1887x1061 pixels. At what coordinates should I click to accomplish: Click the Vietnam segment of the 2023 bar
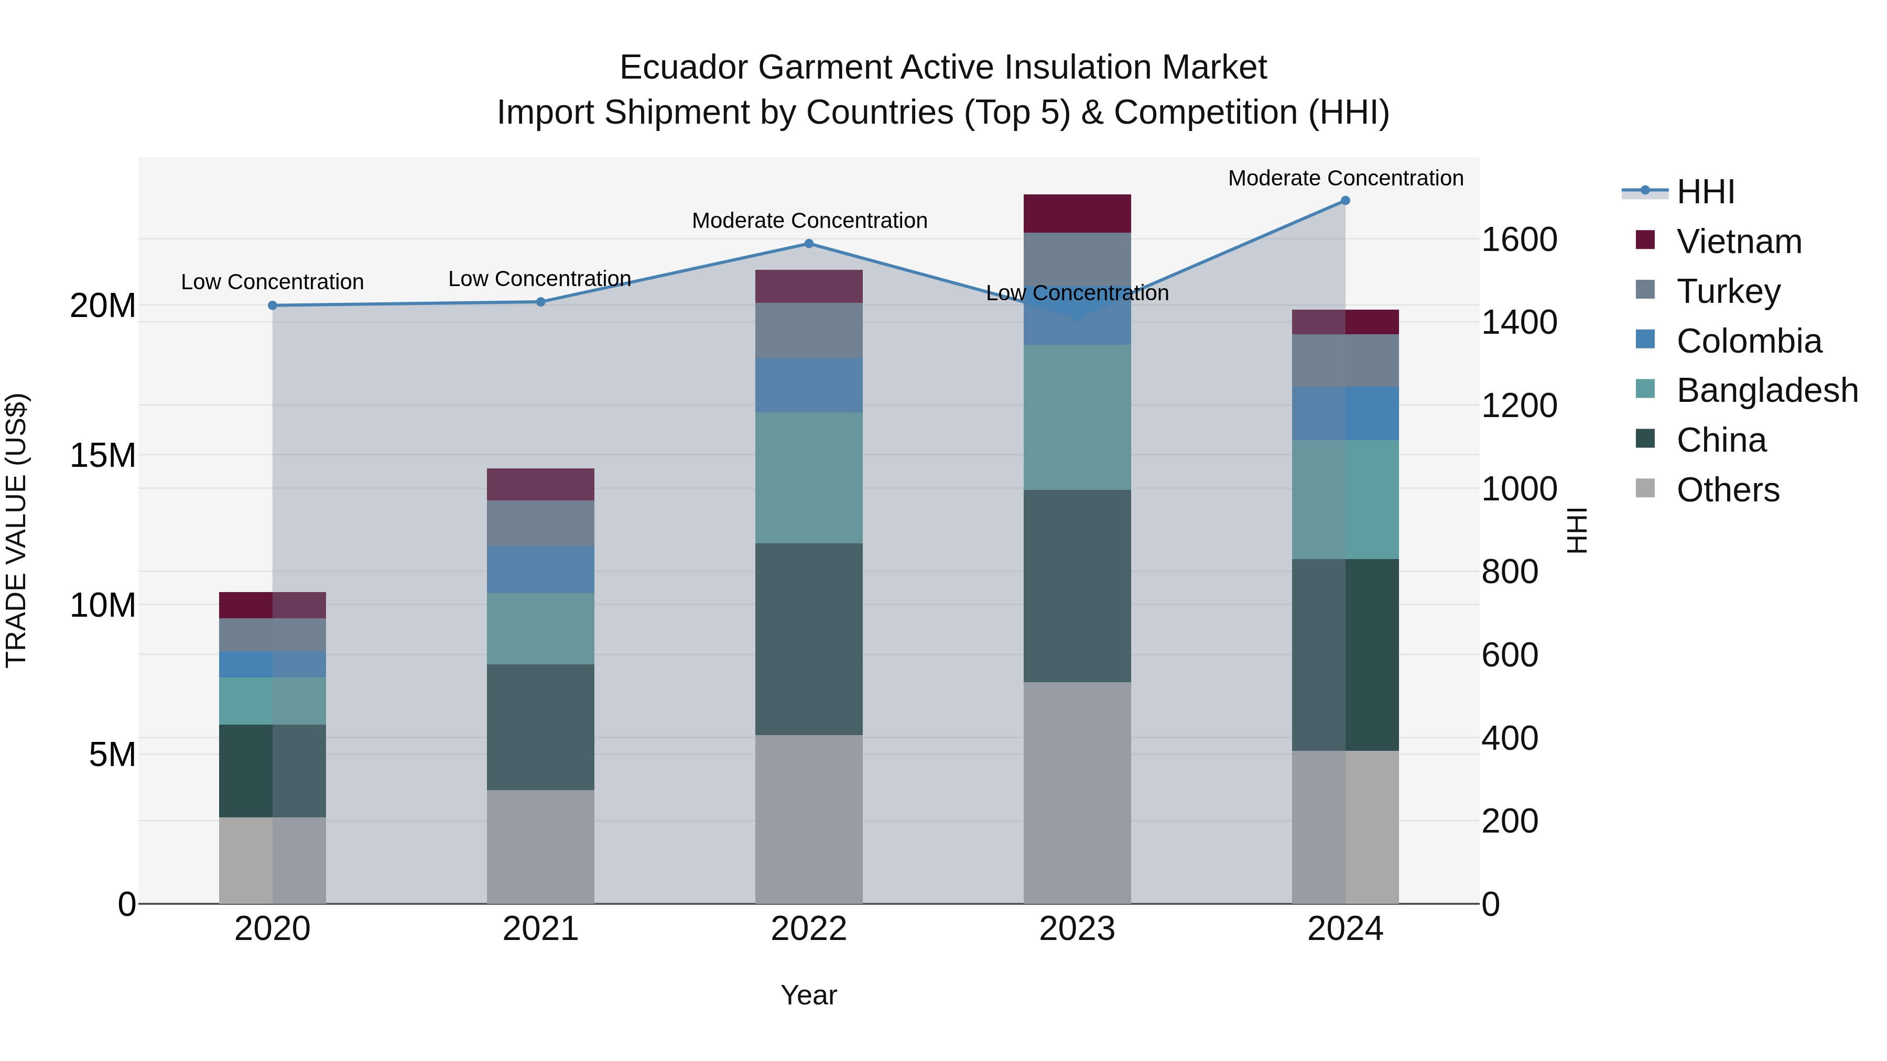[x=1077, y=213]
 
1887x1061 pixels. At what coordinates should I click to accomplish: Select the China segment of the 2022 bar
[x=809, y=639]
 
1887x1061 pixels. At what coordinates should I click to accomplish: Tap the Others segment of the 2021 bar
[x=540, y=847]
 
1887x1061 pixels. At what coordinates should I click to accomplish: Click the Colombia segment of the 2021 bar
[x=540, y=569]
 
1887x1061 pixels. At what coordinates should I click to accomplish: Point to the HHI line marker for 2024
[x=1345, y=201]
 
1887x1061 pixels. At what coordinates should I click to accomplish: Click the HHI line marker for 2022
[x=809, y=244]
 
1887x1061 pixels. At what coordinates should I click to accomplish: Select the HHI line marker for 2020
[x=273, y=305]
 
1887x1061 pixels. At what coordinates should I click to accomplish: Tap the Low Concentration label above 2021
[x=539, y=279]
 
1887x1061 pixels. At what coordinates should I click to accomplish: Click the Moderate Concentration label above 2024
[x=1345, y=178]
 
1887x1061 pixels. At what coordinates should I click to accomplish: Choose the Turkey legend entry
[x=1727, y=291]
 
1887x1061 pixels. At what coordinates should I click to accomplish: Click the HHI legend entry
[x=1705, y=192]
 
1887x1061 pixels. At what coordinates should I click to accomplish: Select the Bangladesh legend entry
[x=1766, y=390]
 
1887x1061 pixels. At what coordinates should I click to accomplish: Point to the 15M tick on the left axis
[x=103, y=455]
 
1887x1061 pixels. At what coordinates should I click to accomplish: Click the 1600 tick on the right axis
[x=1519, y=239]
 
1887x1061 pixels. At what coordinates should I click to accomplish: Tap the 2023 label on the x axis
[x=1077, y=929]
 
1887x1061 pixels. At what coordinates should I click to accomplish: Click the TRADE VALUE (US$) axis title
[x=16, y=530]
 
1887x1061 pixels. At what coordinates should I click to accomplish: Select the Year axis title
[x=809, y=995]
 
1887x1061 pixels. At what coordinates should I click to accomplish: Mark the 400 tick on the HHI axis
[x=1509, y=738]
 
